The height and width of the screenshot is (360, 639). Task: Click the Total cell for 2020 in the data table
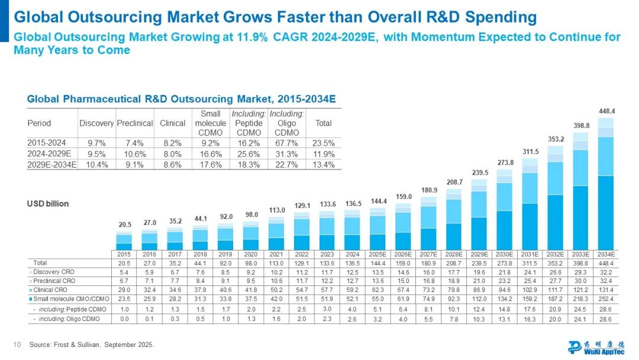tap(251, 262)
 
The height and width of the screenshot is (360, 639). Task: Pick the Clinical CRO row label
tap(51, 290)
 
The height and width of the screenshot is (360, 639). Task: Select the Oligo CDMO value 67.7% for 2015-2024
tap(286, 143)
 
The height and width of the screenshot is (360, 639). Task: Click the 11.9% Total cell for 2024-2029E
tap(324, 154)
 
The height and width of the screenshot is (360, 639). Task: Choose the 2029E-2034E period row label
tap(52, 165)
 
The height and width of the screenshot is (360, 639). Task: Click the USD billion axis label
tap(49, 204)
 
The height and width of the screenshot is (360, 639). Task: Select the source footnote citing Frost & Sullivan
tap(92, 345)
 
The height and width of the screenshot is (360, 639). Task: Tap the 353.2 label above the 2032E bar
tap(555, 140)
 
